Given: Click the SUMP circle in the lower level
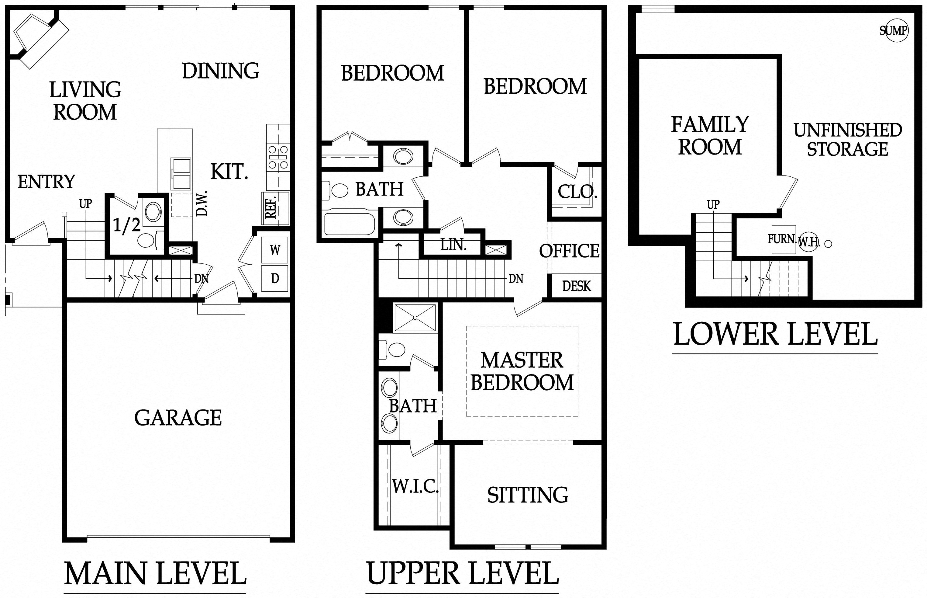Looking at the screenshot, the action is (894, 30).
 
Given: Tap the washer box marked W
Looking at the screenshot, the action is (275, 250).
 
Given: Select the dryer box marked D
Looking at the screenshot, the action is (275, 278).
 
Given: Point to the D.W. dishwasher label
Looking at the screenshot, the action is (202, 203).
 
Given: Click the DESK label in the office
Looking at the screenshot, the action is (577, 286).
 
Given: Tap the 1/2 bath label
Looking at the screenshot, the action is (126, 225).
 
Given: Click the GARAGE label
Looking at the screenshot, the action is (178, 418).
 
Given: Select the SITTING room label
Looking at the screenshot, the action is (528, 495).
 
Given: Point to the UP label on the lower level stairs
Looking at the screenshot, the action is (713, 205).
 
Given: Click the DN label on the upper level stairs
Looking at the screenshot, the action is (516, 278).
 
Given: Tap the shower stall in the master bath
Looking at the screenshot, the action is (415, 318).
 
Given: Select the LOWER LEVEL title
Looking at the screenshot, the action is (775, 334).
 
